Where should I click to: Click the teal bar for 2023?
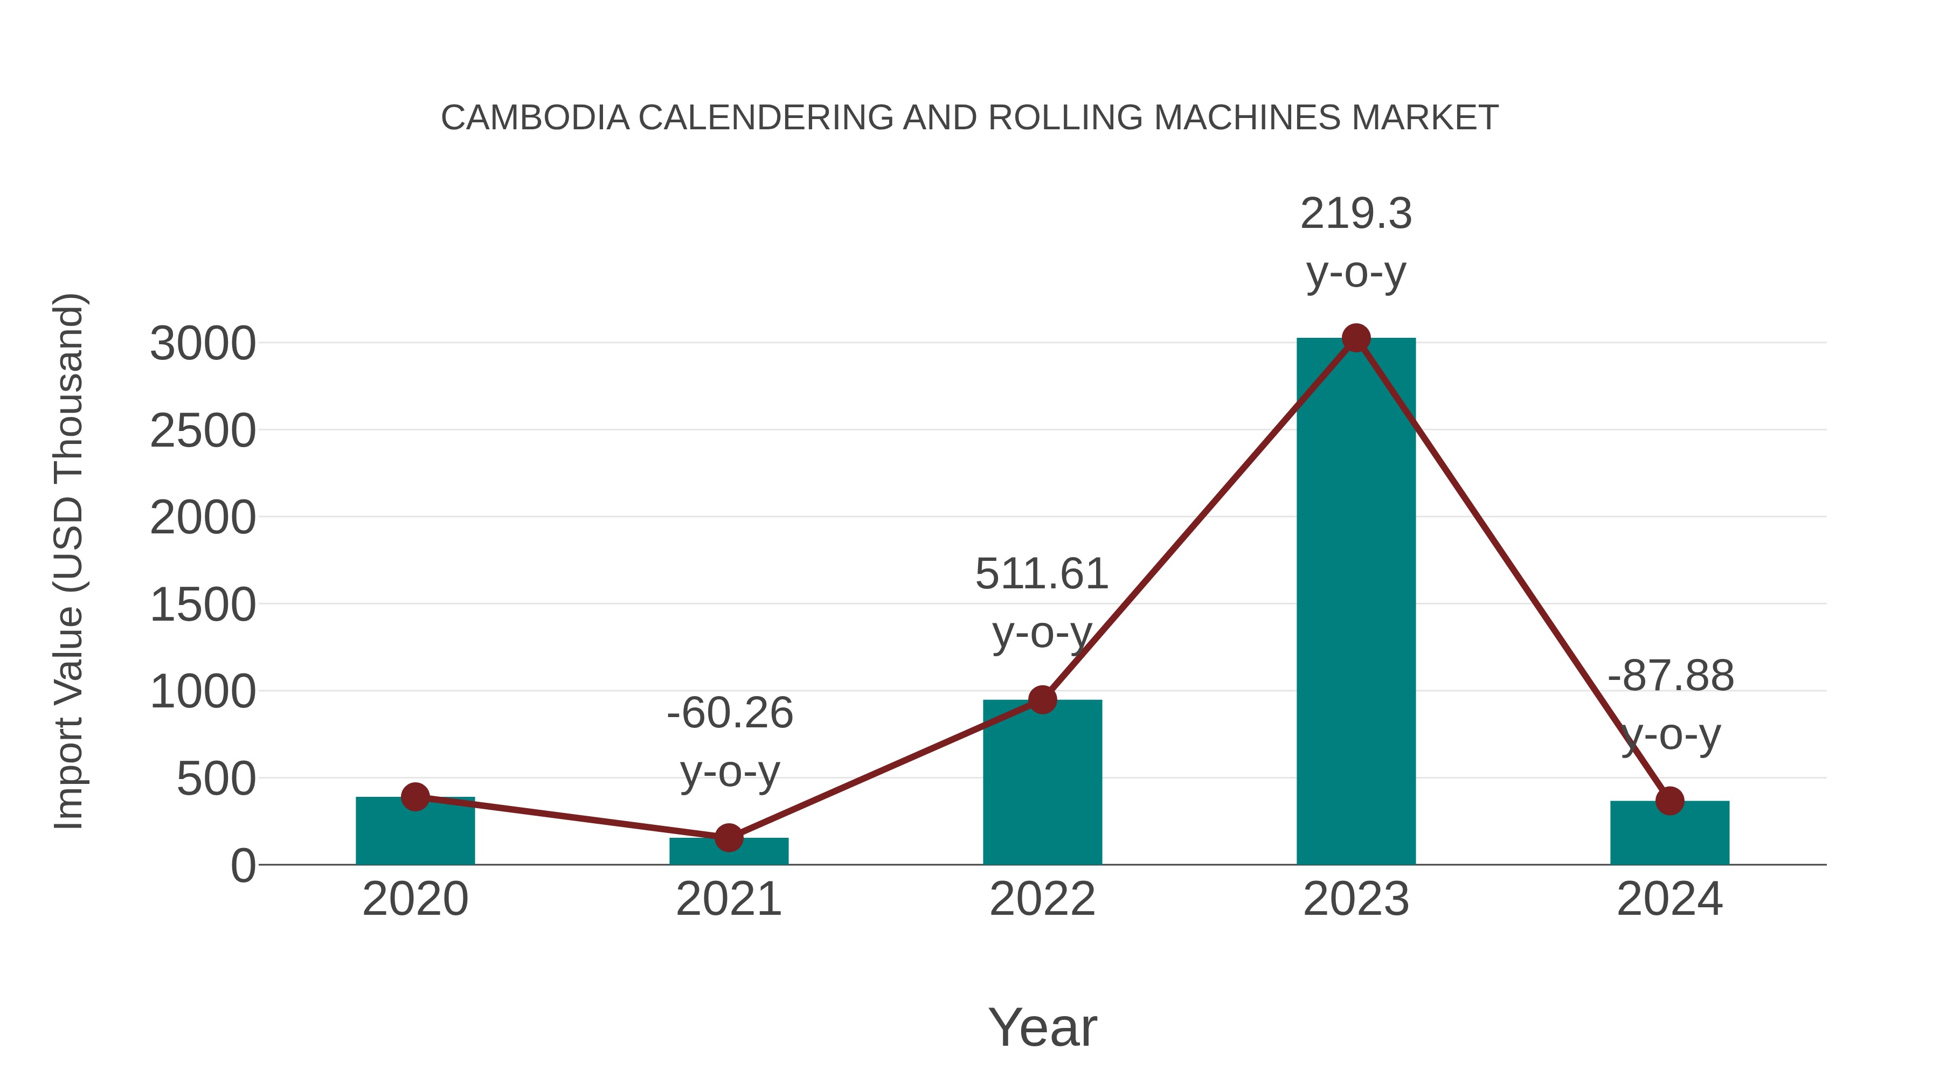(x=1356, y=602)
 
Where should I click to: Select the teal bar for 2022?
(x=1042, y=783)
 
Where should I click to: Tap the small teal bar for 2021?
(x=729, y=852)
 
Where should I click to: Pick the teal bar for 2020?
(x=415, y=832)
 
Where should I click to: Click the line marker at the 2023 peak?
(x=1356, y=338)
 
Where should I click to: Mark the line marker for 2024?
(x=1669, y=801)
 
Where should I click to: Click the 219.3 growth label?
(x=1356, y=214)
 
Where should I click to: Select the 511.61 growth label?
(x=1042, y=574)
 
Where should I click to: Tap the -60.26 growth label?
(x=730, y=713)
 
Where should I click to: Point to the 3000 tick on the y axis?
(x=203, y=344)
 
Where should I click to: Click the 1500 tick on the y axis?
(x=203, y=606)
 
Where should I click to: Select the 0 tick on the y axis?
(x=242, y=866)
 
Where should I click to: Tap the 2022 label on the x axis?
(x=1042, y=899)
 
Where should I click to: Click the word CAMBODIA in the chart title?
(x=535, y=118)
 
